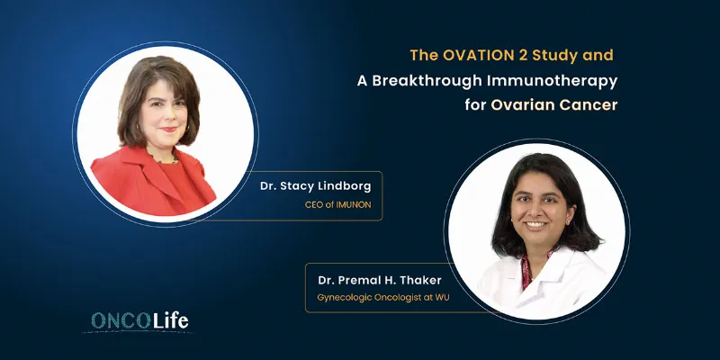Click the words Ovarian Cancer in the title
[x=553, y=105]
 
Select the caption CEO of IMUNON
[x=338, y=204]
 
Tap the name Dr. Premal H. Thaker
[x=373, y=280]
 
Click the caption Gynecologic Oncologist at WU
[x=383, y=298]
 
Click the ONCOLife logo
[x=139, y=321]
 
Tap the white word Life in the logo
[x=170, y=321]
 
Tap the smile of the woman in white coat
[x=535, y=226]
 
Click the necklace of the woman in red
[x=162, y=159]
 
